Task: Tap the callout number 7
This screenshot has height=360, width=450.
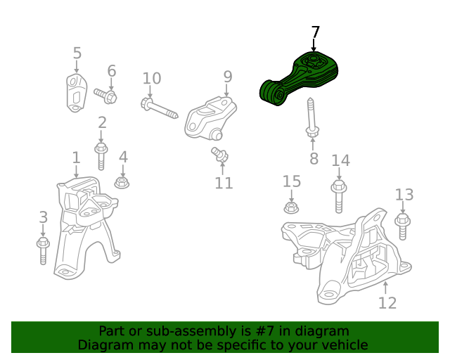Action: point(315,32)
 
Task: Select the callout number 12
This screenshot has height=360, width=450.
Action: point(387,303)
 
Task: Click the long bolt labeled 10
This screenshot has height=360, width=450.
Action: point(160,108)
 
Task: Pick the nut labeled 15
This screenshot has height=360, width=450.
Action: point(291,207)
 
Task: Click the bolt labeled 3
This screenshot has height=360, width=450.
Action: point(43,250)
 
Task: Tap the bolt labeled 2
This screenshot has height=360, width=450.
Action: point(101,157)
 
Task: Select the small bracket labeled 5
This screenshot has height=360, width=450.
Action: point(77,93)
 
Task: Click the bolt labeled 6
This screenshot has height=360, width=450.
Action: point(105,96)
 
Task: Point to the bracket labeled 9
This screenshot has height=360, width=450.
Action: point(210,119)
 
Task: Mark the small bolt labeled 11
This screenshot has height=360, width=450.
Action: point(220,155)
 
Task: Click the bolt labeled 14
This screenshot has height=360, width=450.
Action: point(339,197)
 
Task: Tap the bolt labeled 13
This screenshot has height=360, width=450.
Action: point(402,227)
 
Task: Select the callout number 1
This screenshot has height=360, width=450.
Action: point(76,157)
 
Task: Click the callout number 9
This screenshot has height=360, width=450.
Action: point(228,77)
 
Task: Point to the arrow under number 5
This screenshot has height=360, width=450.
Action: point(77,67)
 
